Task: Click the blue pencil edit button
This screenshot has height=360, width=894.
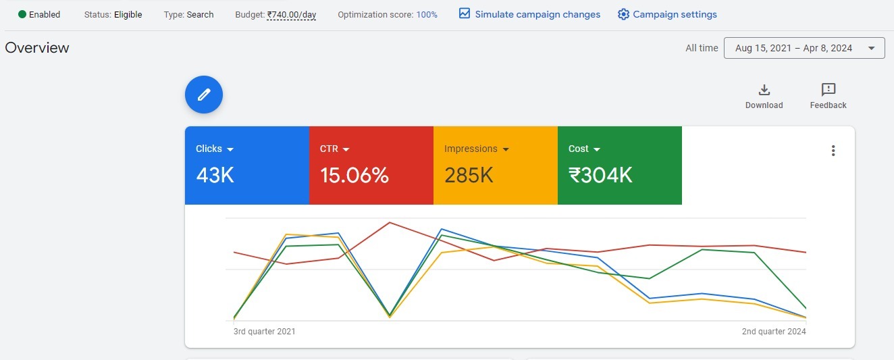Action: [204, 95]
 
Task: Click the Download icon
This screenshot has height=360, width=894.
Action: [764, 90]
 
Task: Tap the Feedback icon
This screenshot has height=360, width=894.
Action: [829, 90]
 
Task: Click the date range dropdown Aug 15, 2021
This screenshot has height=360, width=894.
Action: [804, 48]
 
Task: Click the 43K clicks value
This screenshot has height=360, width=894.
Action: [215, 176]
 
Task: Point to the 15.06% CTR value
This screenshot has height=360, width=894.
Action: [354, 176]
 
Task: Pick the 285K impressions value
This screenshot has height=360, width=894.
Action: [469, 176]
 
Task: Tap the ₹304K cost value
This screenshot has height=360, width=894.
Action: [600, 176]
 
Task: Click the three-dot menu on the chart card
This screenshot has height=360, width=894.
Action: [833, 151]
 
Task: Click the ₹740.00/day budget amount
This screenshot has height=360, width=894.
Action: [291, 15]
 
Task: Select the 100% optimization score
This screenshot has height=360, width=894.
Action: [427, 15]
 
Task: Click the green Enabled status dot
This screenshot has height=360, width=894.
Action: [22, 14]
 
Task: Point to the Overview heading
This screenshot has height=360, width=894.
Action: [37, 48]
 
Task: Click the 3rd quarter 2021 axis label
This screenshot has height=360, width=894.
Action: [264, 332]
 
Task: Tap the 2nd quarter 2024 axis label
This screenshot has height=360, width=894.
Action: [774, 332]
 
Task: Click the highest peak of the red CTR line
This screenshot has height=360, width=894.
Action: [390, 222]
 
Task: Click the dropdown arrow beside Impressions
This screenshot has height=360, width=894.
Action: [506, 149]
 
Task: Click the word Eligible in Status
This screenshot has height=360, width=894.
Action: [128, 15]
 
